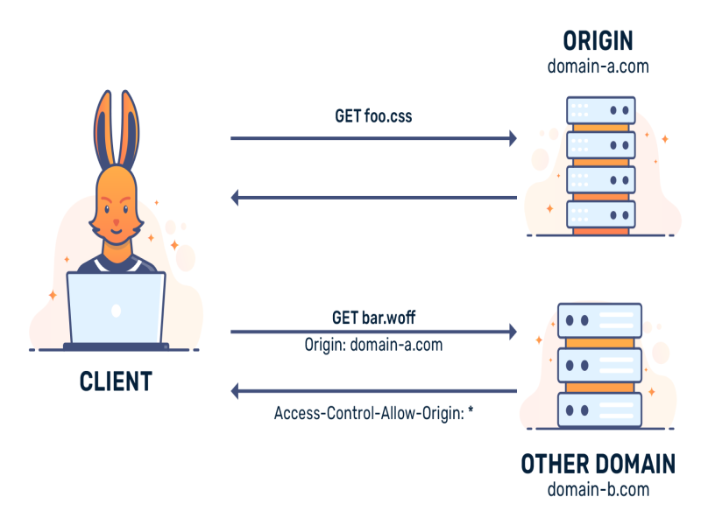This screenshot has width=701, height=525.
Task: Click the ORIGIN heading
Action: pos(598,41)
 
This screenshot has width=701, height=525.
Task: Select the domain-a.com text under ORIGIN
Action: pos(598,66)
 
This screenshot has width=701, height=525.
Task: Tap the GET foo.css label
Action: pos(373,116)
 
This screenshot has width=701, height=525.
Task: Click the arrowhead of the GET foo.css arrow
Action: pos(513,138)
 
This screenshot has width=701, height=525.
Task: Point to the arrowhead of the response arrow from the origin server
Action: pos(235,198)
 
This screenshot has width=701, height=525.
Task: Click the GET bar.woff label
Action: pos(373,318)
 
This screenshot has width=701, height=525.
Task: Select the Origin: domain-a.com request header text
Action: pos(373,345)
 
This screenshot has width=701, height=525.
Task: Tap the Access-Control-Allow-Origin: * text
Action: pos(373,413)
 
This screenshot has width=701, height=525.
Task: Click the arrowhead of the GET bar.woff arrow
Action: pos(513,332)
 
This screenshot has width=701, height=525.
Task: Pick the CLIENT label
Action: pos(116,381)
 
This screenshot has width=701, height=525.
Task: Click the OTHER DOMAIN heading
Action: pos(598,464)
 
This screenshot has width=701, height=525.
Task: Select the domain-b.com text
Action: pos(598,490)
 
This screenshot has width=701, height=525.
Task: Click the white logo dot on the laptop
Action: pos(117,311)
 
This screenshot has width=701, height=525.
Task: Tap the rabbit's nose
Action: pos(117,221)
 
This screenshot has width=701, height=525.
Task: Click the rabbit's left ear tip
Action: pos(107,93)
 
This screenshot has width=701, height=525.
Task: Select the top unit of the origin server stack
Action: pos(601,110)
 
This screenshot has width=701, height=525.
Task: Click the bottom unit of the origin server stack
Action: pos(601,214)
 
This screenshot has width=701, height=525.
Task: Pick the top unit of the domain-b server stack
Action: pos(599,320)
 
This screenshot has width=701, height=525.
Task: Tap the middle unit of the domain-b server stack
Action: pos(599,366)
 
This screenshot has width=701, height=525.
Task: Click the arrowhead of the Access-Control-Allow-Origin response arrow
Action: pos(235,391)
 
